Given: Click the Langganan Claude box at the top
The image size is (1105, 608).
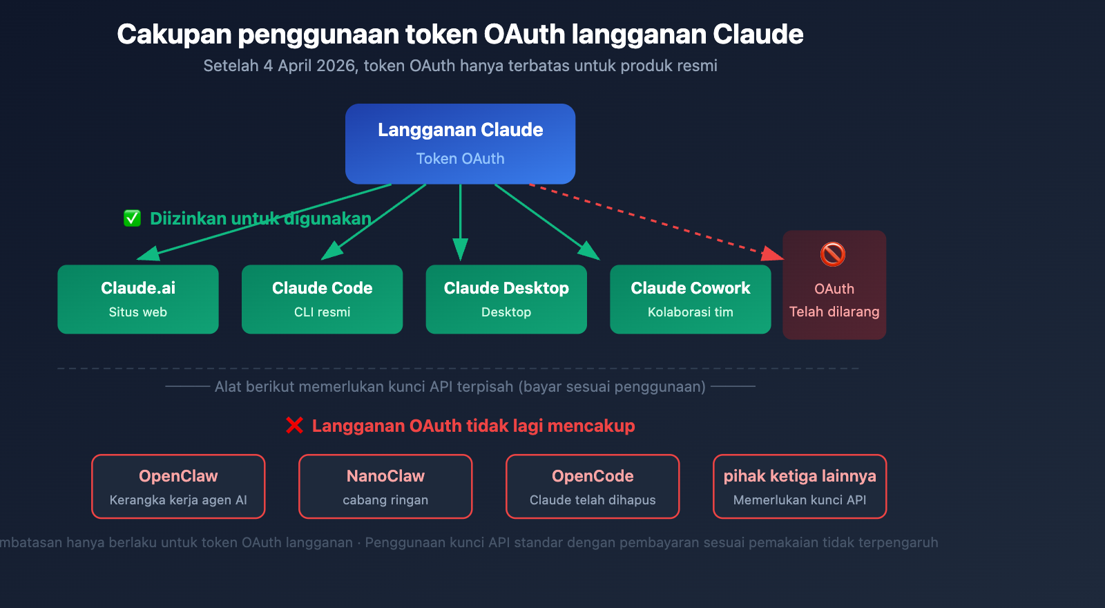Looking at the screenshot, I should [460, 144].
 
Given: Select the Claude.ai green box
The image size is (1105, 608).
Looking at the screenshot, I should [138, 299].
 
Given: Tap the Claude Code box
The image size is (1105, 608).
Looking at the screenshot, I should [322, 299].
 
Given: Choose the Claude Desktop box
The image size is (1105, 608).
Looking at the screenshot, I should [506, 299].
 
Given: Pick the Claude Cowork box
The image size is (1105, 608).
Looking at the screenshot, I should [690, 299].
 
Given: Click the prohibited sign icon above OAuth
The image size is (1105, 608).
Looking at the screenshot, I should [833, 254].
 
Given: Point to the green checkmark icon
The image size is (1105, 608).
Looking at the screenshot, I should [132, 218].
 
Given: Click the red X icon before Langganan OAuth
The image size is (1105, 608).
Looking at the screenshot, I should [295, 426].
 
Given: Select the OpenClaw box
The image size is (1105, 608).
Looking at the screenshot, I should [178, 486].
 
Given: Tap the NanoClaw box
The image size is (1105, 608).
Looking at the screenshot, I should [385, 486].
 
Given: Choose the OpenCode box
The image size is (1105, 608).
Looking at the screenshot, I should [593, 486].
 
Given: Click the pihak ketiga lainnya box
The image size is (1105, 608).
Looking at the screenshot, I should [800, 486].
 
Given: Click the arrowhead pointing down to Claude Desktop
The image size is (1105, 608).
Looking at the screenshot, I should [461, 249].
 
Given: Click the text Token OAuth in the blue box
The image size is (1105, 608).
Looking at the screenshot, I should [460, 159].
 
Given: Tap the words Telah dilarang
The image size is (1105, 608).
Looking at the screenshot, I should [834, 312].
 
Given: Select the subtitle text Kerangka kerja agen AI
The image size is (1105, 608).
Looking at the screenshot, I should [178, 500].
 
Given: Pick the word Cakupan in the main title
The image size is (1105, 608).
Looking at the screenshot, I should [174, 35].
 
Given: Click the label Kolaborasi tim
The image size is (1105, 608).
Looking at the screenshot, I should [690, 312].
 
